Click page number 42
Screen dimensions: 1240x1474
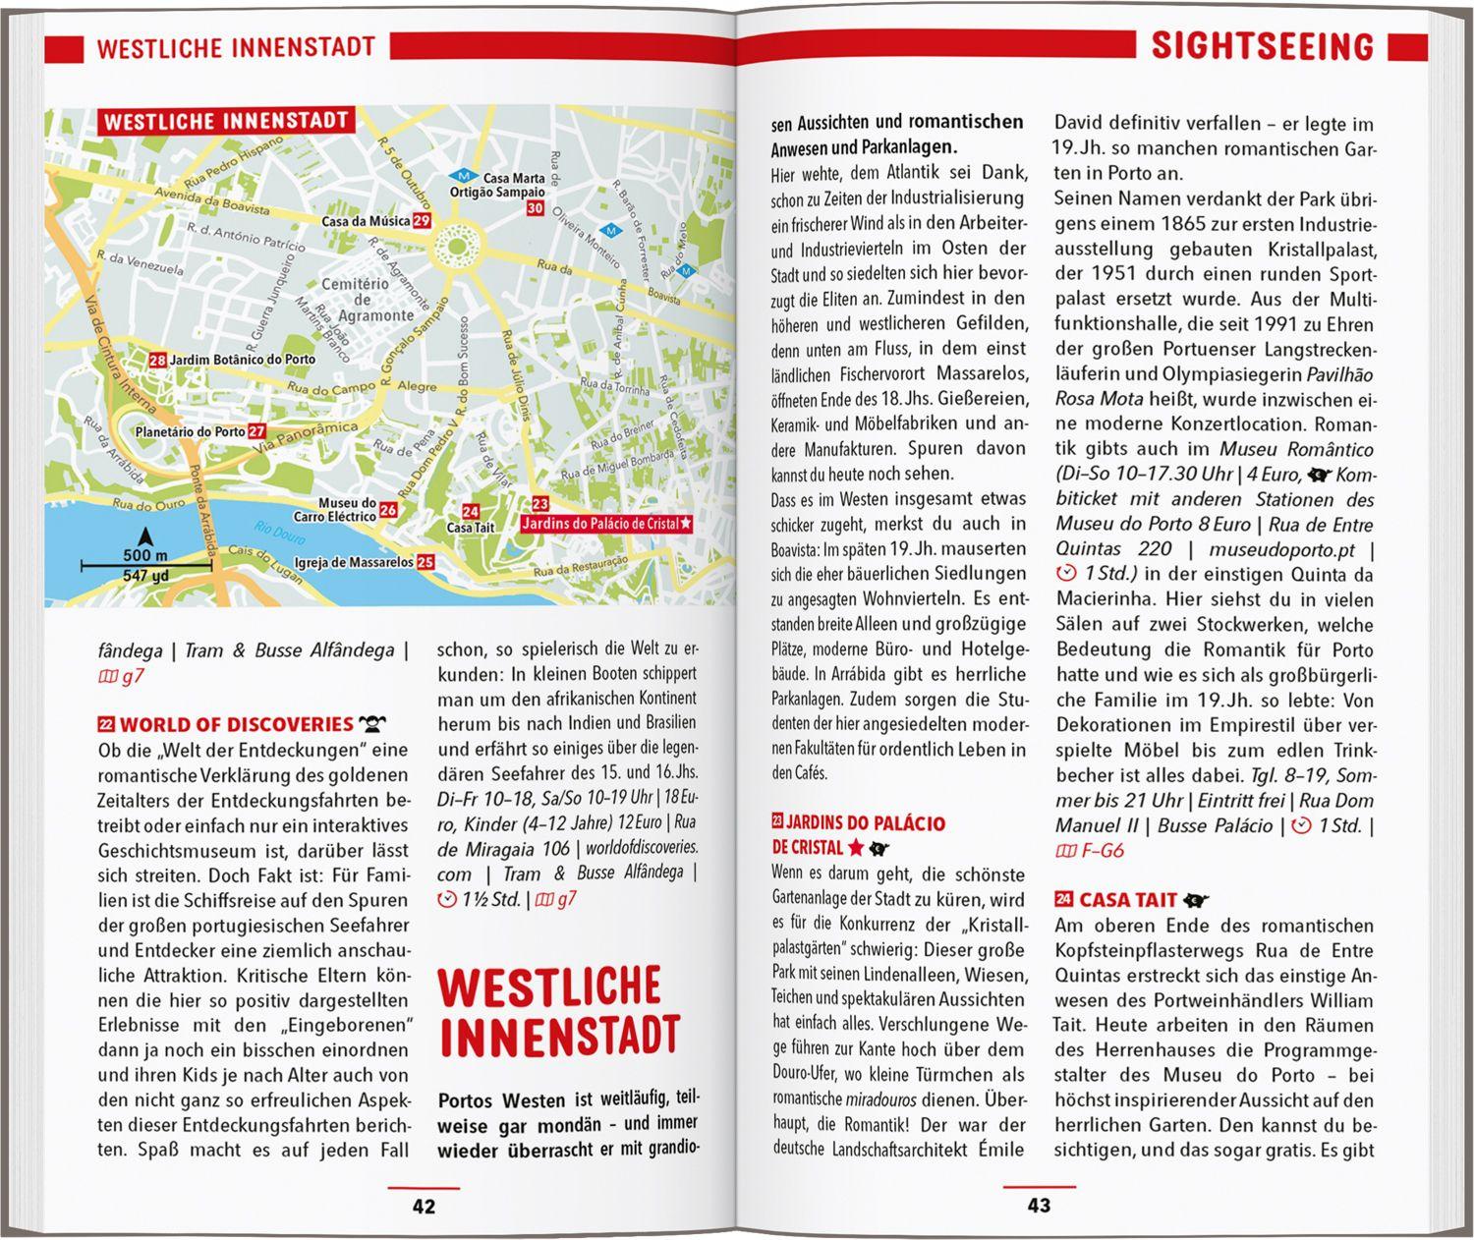coord(424,1207)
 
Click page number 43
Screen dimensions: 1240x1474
coord(1039,1206)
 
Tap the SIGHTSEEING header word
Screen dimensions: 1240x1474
coord(1262,45)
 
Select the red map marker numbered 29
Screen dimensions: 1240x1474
coord(422,221)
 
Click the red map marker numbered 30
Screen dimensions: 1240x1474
coord(535,208)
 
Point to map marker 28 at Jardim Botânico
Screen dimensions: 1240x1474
coord(157,361)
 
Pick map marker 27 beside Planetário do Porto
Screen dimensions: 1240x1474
coord(256,431)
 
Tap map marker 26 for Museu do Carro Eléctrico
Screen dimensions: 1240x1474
coord(388,510)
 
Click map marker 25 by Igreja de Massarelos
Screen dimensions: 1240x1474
coord(425,563)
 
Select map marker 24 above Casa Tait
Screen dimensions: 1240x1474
coord(471,511)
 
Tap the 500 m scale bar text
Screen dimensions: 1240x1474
coord(145,556)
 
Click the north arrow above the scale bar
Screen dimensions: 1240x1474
coord(145,536)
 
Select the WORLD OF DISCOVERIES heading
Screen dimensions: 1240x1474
coord(236,725)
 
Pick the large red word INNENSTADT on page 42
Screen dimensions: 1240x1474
coord(559,1035)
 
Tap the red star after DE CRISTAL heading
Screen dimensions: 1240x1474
coord(856,848)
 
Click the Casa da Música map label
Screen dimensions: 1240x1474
coord(366,221)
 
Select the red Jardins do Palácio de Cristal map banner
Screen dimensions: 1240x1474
coord(605,525)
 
